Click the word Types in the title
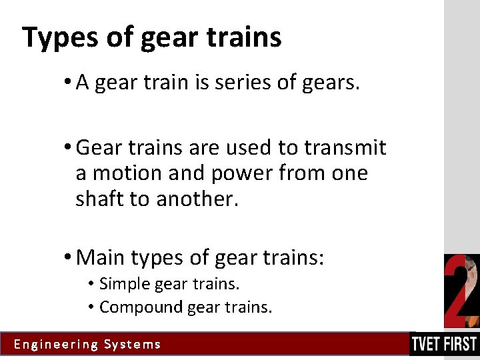[60, 38]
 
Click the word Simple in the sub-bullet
[124, 284]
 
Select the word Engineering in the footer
[55, 345]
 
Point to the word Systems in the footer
[133, 345]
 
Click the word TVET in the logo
[429, 344]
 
